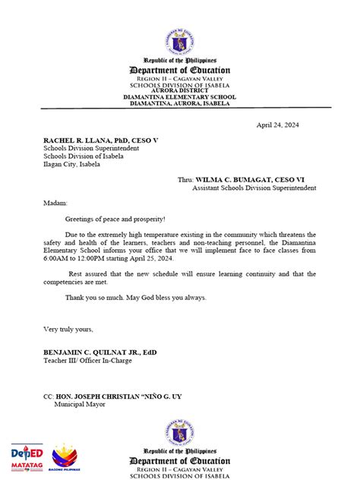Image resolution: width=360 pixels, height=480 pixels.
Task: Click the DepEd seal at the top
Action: (x=180, y=41)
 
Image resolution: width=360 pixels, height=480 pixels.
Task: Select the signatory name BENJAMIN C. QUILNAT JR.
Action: (x=95, y=353)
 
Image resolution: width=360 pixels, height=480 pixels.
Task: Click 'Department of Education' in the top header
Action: (x=180, y=71)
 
